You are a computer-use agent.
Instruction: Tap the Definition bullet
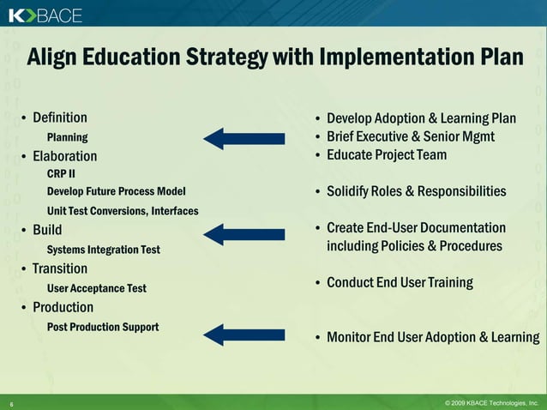(59, 118)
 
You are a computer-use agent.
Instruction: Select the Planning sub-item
(67, 137)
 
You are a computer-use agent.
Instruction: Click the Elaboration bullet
(64, 157)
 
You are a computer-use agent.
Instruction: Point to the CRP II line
(62, 174)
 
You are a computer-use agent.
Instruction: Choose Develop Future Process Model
(116, 191)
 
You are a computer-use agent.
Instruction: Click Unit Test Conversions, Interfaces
(123, 211)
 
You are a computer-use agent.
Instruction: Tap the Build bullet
(47, 230)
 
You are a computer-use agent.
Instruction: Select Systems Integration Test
(103, 250)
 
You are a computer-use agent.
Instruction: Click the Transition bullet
(60, 268)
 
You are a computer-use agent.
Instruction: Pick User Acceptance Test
(96, 288)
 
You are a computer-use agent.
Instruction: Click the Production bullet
(63, 307)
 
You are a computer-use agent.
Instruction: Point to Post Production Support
(103, 327)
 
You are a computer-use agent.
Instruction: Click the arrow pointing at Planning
(243, 138)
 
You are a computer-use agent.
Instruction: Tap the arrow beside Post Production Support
(243, 335)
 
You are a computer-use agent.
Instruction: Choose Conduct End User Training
(400, 282)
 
